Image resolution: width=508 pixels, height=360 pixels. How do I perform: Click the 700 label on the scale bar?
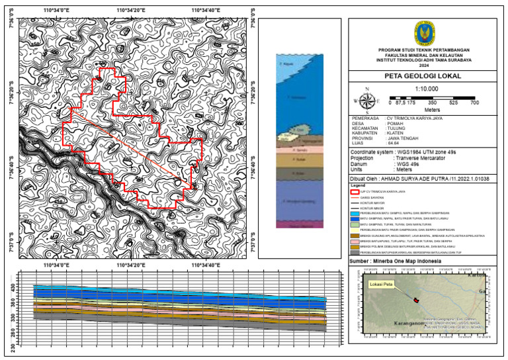click(x=474, y=104)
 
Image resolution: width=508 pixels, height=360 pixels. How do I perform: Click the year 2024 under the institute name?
click(x=423, y=65)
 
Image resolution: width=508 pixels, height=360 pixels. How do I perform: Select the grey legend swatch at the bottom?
click(x=355, y=253)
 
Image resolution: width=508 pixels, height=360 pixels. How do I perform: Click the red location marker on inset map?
click(x=416, y=300)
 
